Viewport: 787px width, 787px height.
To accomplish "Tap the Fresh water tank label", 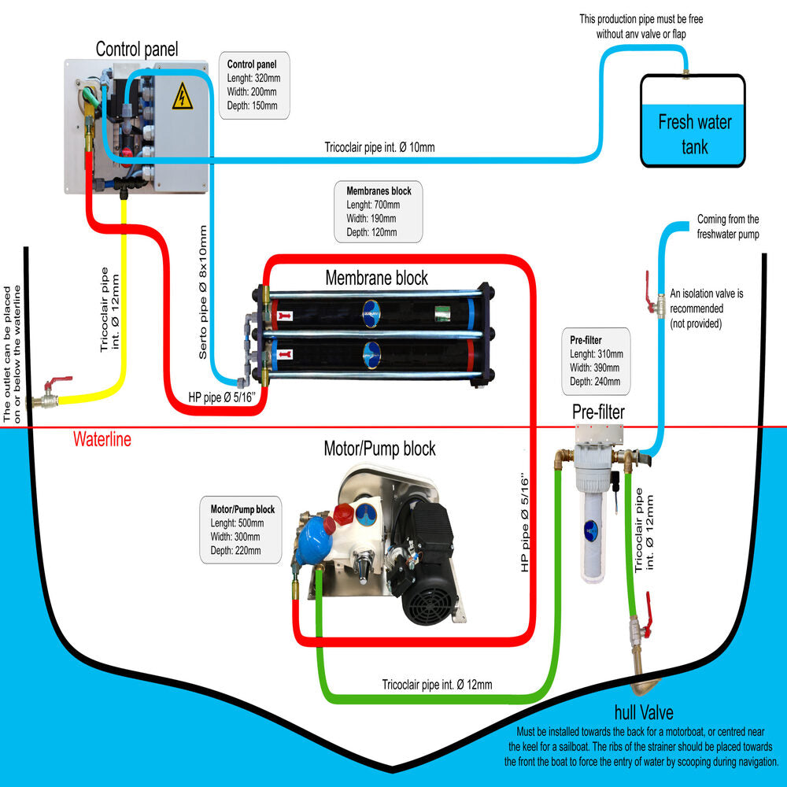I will tap(694, 134).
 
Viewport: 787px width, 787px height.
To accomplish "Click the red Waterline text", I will tap(102, 439).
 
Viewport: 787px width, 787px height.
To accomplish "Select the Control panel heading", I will tap(137, 49).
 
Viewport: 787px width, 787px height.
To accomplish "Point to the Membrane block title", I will tap(377, 278).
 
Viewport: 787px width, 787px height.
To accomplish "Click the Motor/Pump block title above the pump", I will tap(379, 449).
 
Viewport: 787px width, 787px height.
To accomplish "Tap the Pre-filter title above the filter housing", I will tap(598, 412).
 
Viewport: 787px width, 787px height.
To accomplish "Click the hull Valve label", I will tap(643, 713).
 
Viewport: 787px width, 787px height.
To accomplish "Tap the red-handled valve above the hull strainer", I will tap(641, 626).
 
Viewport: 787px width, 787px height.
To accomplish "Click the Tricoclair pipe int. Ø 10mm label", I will tap(379, 147).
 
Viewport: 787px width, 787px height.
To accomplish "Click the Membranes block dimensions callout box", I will tap(379, 211).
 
